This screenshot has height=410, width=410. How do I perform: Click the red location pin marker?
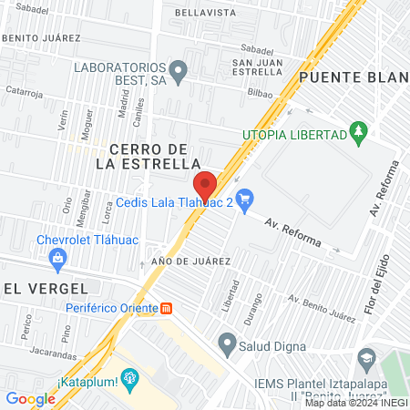(205, 185)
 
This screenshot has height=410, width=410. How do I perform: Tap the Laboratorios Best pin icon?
(179, 68)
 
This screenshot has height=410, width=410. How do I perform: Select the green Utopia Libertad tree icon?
(360, 133)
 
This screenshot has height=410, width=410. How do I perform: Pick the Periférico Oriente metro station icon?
(166, 307)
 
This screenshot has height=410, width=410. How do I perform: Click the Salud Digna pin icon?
(226, 343)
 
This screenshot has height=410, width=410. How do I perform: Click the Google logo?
(30, 398)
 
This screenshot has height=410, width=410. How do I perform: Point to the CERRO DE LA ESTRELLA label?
(148, 156)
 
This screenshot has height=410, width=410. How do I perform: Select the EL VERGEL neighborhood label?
(37, 288)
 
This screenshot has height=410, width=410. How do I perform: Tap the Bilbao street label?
(260, 93)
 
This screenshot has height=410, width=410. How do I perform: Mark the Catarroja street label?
(24, 92)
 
